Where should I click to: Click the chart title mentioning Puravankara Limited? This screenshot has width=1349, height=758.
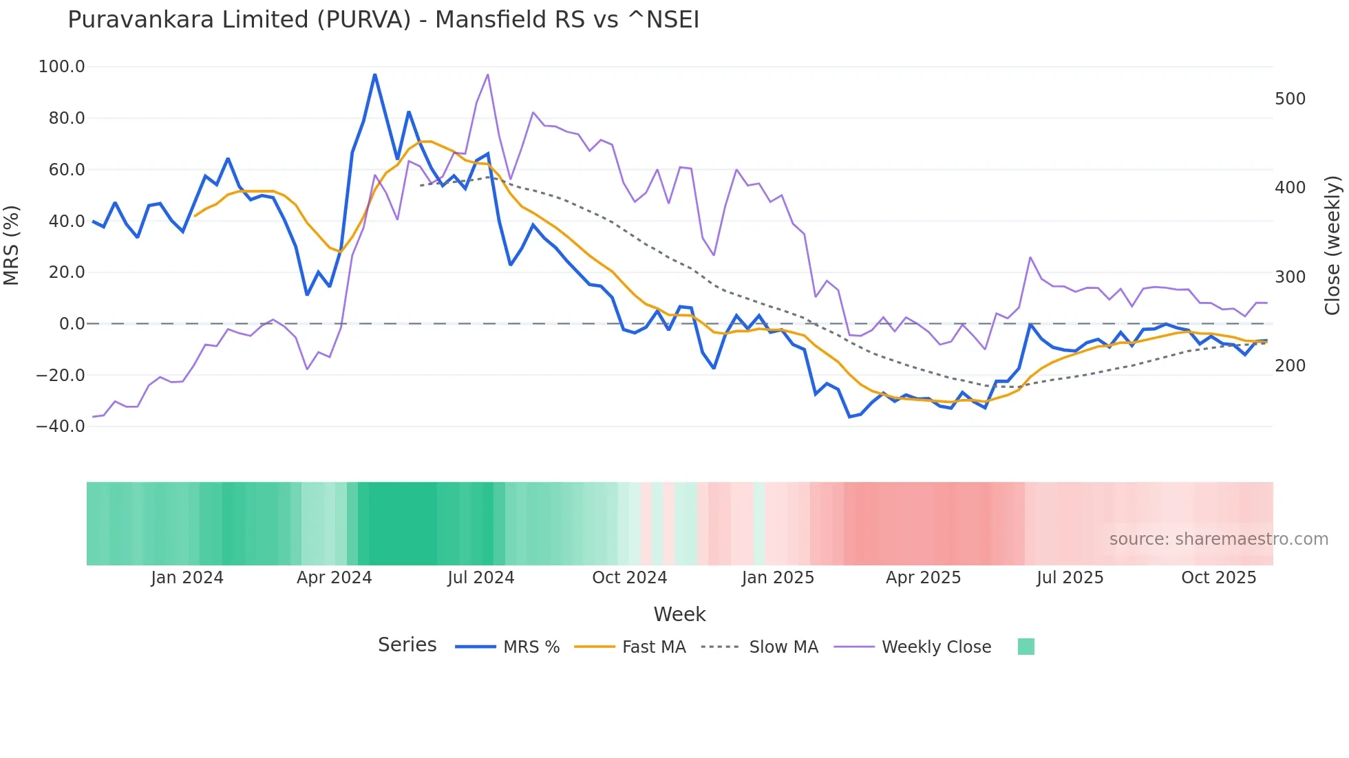pyautogui.click(x=383, y=20)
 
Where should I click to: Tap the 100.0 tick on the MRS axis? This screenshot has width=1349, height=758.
pyautogui.click(x=62, y=67)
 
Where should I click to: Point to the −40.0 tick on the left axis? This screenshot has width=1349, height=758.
pyautogui.click(x=61, y=426)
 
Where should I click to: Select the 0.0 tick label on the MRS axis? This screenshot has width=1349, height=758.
pyautogui.click(x=72, y=324)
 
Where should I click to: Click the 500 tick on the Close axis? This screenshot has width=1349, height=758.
pyautogui.click(x=1290, y=99)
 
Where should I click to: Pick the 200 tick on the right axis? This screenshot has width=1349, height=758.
pyautogui.click(x=1290, y=366)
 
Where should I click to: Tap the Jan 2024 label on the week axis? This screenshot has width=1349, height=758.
pyautogui.click(x=187, y=578)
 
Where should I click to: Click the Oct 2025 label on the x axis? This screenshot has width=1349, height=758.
pyautogui.click(x=1218, y=578)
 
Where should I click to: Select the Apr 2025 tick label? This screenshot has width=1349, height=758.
pyautogui.click(x=923, y=578)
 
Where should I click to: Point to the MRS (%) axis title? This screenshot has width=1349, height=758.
pyautogui.click(x=12, y=245)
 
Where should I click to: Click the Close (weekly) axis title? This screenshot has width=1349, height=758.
pyautogui.click(x=1332, y=245)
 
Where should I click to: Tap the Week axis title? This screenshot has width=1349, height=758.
pyautogui.click(x=679, y=614)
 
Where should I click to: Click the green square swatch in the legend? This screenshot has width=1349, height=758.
pyautogui.click(x=1026, y=647)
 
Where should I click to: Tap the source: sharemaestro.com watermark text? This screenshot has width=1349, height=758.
pyautogui.click(x=1218, y=539)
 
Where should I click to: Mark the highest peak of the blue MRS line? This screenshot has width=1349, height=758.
pyautogui.click(x=374, y=74)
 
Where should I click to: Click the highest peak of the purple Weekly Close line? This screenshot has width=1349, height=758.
pyautogui.click(x=488, y=74)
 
